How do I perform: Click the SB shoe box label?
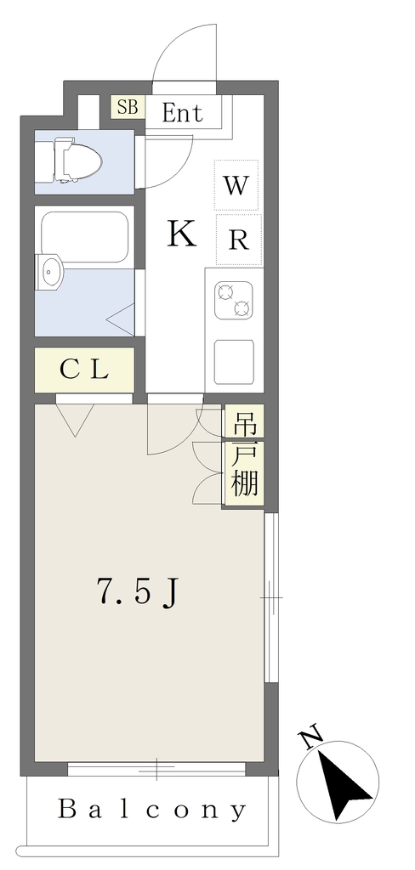click(128, 106)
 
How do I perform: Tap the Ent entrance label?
click(182, 113)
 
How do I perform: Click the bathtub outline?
click(84, 237)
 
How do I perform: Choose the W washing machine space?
click(236, 184)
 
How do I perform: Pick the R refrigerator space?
click(238, 239)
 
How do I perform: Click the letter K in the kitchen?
click(182, 234)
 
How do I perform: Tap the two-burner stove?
click(234, 301)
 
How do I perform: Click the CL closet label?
click(84, 370)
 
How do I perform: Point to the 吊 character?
click(244, 425)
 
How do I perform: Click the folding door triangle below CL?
click(75, 420)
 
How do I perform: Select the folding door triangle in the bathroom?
click(121, 319)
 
